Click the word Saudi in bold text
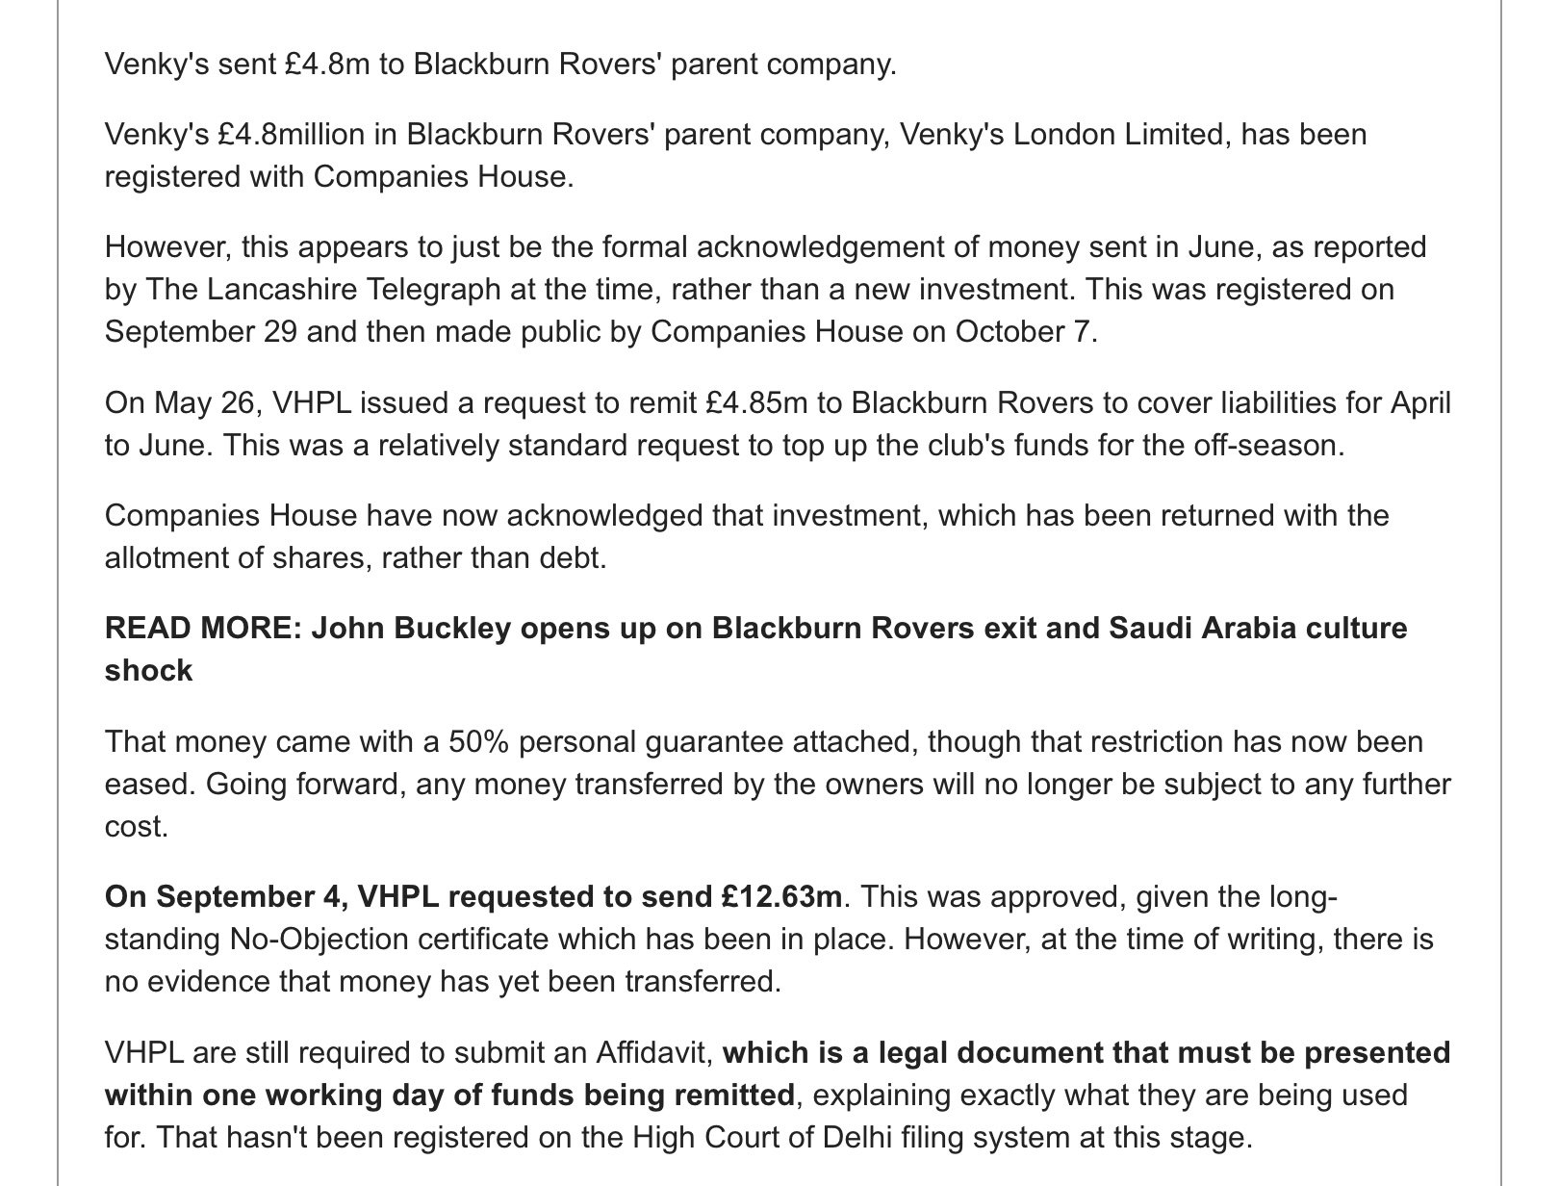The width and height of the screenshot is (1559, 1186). coord(1151,629)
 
